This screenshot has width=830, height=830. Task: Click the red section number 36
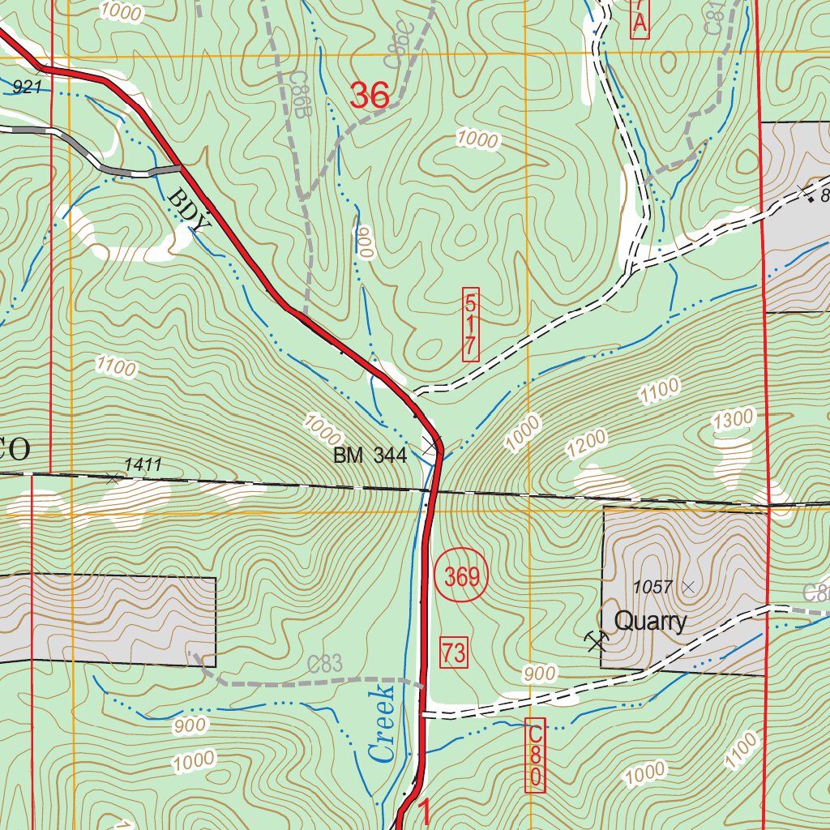370,96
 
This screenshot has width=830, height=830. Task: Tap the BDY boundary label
189,210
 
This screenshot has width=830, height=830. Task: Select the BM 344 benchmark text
370,456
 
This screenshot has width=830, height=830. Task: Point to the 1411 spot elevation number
143,464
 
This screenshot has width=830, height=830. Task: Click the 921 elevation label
27,86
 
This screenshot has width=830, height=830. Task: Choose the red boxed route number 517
470,324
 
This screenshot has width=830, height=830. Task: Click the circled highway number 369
462,578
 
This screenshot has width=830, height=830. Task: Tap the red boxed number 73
455,652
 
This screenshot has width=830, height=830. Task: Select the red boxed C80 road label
535,755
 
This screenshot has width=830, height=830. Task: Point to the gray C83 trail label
326,664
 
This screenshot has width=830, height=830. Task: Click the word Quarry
650,622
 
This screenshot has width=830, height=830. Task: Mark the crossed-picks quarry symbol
597,641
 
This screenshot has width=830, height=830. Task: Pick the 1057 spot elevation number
653,586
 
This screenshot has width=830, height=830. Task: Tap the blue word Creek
381,723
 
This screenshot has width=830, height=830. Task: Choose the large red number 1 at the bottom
423,811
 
